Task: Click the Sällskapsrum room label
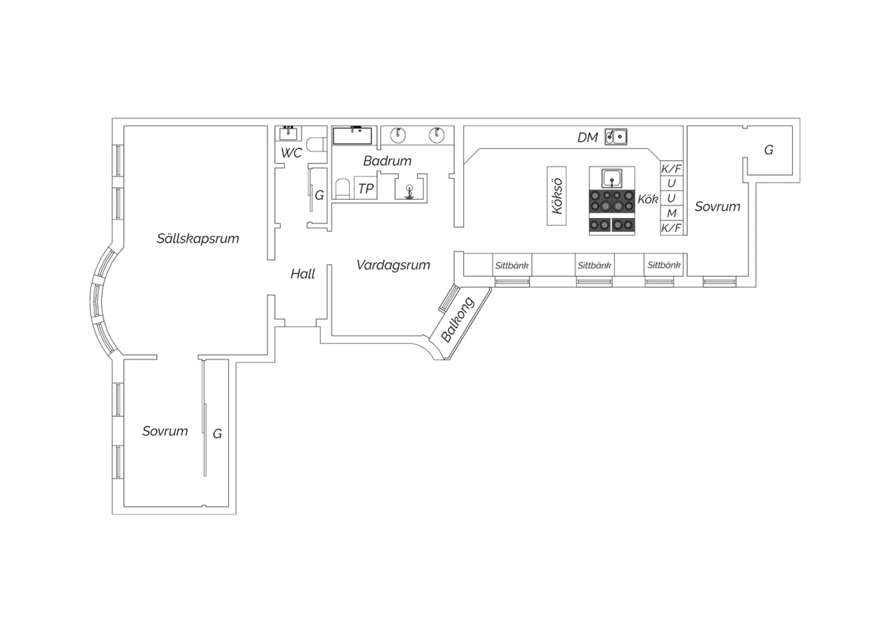point(197,238)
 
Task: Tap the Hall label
point(303,274)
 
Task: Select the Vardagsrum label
point(393,265)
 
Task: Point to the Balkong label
point(457,320)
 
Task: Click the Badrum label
point(387,161)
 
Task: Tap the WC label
point(291,153)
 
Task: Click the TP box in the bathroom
point(365,188)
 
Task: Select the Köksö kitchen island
point(557,196)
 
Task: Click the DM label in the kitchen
point(588,138)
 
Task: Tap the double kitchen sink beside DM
point(616,137)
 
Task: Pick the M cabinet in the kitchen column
point(672,213)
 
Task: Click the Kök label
point(648,199)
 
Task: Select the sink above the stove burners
point(612,178)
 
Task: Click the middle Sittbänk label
point(595,265)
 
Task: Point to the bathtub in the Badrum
point(352,136)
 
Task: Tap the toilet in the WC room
point(317,144)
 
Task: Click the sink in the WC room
point(288,133)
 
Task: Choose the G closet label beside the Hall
point(319,195)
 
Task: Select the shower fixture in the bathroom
point(409,191)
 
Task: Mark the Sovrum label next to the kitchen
point(717,206)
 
